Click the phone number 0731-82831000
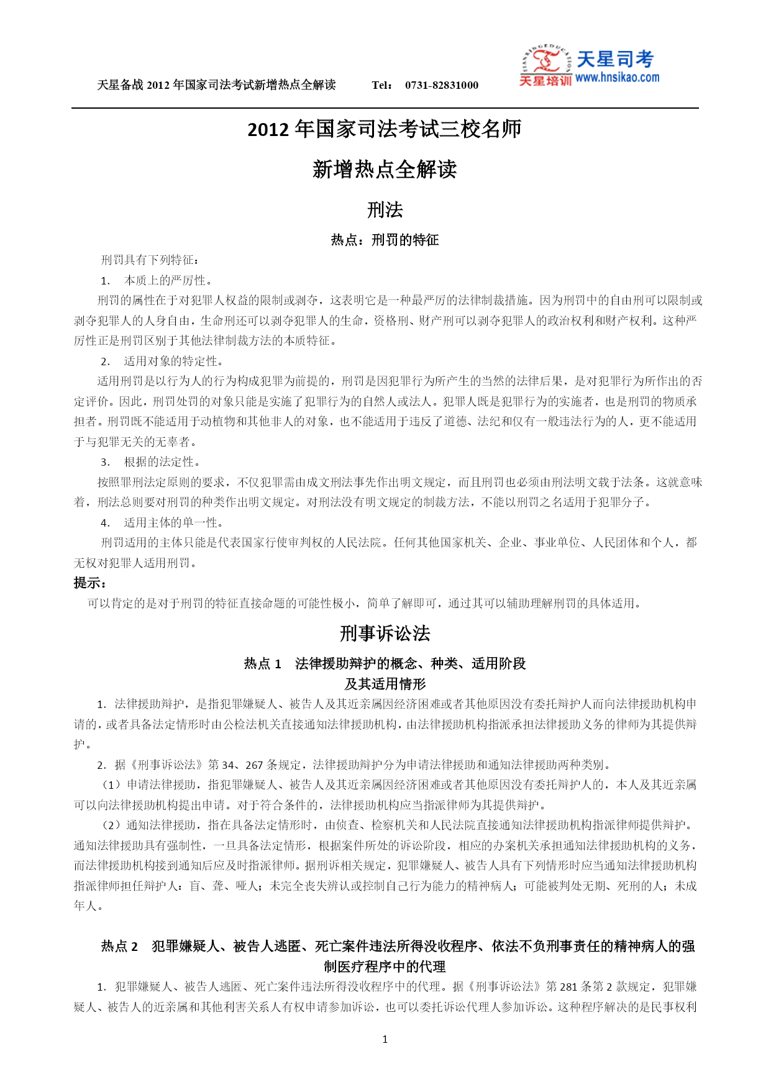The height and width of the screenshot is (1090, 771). (x=441, y=85)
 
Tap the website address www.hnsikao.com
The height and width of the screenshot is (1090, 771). (x=617, y=78)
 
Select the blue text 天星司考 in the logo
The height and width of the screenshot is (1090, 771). (x=615, y=60)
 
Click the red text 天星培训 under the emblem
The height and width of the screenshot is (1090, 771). (x=545, y=81)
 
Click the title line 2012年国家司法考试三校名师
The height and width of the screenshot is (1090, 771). (x=385, y=129)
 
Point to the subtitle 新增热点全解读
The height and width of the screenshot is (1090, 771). (x=385, y=170)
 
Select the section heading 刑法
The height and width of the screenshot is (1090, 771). (x=385, y=210)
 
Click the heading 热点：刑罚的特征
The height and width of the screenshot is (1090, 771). (x=385, y=240)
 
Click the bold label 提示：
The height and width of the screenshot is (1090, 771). (x=89, y=583)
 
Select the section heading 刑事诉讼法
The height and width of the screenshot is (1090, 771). (x=385, y=634)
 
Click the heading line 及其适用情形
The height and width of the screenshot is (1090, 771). (x=385, y=684)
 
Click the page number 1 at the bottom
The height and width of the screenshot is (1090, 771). (x=385, y=1039)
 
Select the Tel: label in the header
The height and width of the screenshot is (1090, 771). (x=381, y=85)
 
